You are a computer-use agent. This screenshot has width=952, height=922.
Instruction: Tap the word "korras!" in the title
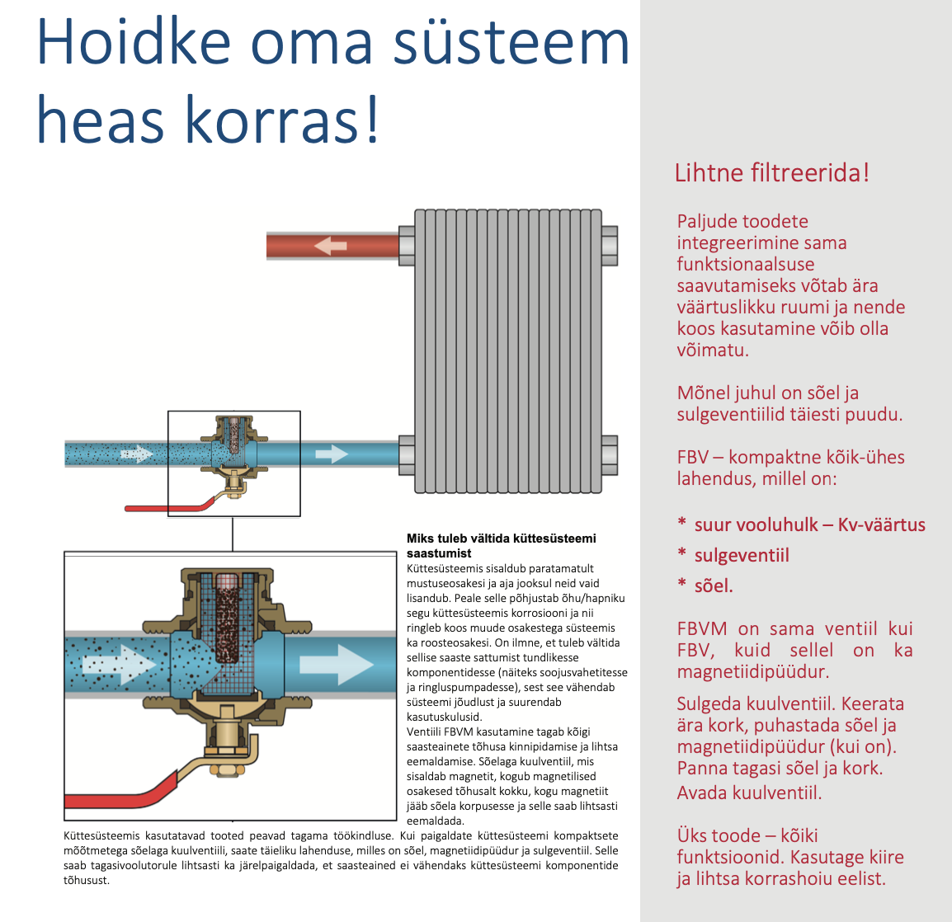[281, 120]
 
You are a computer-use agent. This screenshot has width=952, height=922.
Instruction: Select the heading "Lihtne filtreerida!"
[771, 173]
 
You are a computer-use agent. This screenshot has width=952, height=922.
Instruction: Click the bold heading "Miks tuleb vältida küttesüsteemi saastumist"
[501, 545]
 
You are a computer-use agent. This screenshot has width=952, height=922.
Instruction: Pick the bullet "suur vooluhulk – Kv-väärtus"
[809, 525]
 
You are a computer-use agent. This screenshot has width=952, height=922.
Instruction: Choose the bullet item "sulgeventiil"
[742, 555]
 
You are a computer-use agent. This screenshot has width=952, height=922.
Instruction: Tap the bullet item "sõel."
[714, 586]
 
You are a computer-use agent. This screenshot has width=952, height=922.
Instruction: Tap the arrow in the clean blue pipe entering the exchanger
[332, 454]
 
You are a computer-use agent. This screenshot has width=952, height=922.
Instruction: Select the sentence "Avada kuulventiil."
[749, 793]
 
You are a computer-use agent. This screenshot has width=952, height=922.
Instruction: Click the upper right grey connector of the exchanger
[609, 245]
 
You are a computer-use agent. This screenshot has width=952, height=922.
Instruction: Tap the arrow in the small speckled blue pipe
[136, 454]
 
